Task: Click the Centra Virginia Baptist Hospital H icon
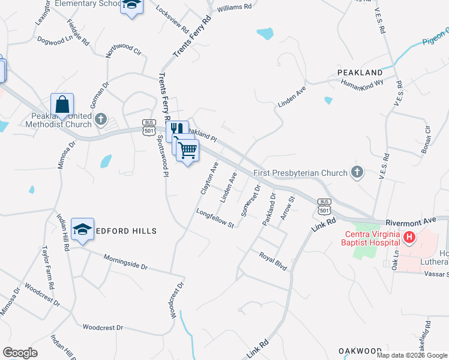click(410, 238)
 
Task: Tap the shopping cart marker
click(188, 149)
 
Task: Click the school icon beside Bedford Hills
click(83, 229)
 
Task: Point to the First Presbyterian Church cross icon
click(357, 173)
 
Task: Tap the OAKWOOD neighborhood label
click(360, 350)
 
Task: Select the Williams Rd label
click(235, 8)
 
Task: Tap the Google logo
click(20, 353)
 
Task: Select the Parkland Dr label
click(268, 209)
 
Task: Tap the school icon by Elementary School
click(132, 6)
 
